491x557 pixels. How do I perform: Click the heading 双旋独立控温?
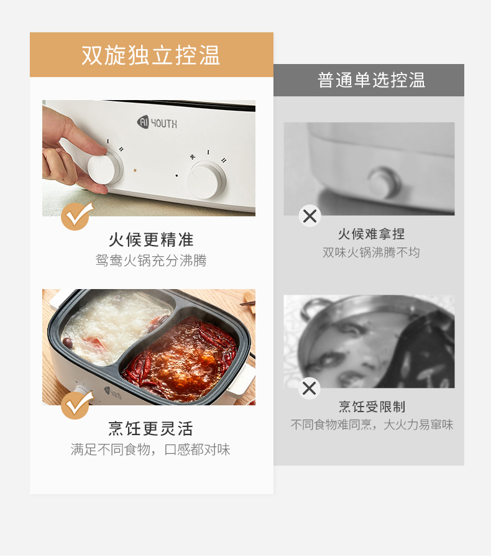coord(151,55)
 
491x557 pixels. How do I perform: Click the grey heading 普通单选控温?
coord(371,80)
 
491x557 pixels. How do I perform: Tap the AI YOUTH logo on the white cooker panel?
coord(157,122)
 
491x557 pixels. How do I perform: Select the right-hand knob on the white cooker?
coord(206,180)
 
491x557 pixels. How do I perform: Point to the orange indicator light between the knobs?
coord(135,170)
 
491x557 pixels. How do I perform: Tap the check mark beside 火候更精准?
coord(76,216)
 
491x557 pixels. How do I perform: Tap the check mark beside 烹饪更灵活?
coord(76,405)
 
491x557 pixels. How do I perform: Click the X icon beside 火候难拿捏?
coord(310,216)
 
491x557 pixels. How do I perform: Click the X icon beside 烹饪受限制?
coord(309,389)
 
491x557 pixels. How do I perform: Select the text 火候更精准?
coord(151,240)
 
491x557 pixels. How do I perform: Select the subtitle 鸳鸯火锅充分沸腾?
coord(151,260)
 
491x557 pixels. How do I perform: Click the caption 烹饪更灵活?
coord(150,428)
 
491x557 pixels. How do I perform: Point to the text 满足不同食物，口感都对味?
coord(150,449)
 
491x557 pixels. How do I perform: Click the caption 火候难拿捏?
coord(371,234)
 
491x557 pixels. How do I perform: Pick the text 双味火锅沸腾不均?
coord(371,252)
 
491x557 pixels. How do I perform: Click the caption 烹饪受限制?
coord(372,407)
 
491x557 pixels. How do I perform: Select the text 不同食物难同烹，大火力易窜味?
coord(372,425)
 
